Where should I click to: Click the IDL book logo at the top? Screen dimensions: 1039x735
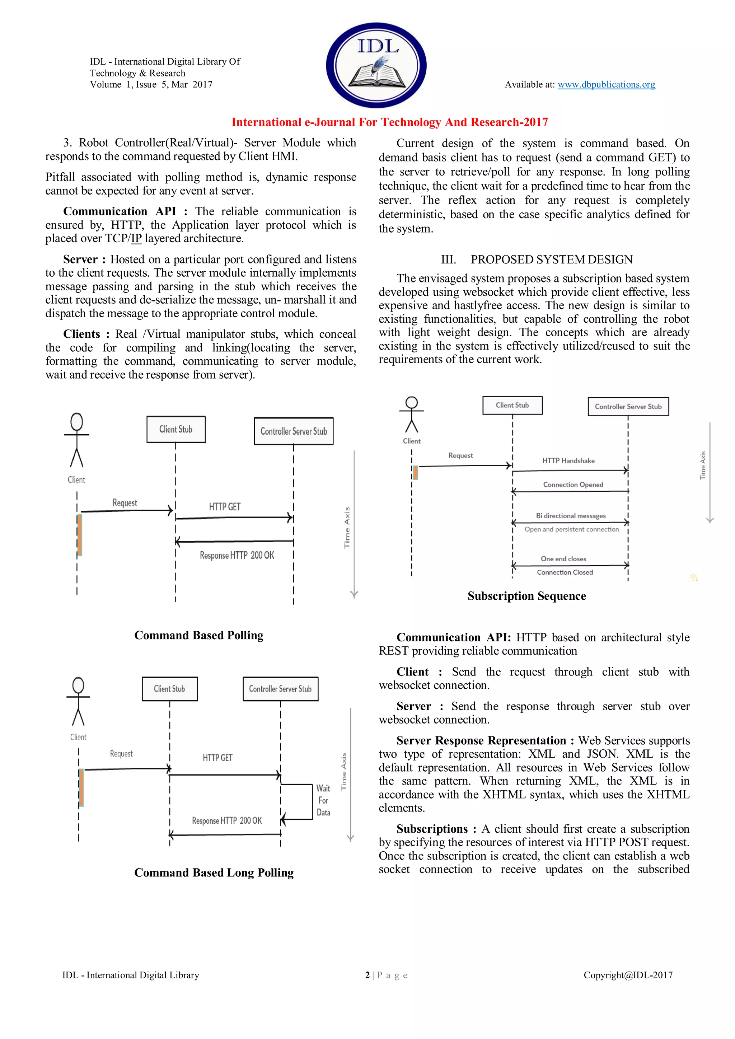[376, 65]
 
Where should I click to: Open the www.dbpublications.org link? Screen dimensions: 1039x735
[606, 85]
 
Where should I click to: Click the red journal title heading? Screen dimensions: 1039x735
[389, 122]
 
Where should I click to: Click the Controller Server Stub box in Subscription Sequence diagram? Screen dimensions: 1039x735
[628, 406]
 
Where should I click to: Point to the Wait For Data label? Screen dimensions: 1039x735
[323, 800]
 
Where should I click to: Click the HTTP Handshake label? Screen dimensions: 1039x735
[568, 461]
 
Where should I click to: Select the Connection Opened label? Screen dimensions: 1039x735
[573, 485]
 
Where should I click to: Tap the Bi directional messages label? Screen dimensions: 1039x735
[570, 516]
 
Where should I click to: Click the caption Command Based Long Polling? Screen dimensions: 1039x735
[214, 872]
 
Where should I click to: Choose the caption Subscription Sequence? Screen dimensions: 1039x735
[526, 596]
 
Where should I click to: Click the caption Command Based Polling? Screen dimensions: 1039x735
[199, 635]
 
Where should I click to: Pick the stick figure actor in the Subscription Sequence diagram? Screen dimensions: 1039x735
[411, 415]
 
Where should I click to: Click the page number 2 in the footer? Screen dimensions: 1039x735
[367, 975]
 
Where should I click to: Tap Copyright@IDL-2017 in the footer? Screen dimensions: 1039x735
[628, 975]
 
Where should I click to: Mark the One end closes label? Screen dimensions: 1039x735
[563, 559]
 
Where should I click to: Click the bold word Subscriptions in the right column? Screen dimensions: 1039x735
[432, 829]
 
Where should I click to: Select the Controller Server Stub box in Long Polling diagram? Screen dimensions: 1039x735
[280, 689]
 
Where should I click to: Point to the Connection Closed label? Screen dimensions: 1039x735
[565, 572]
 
